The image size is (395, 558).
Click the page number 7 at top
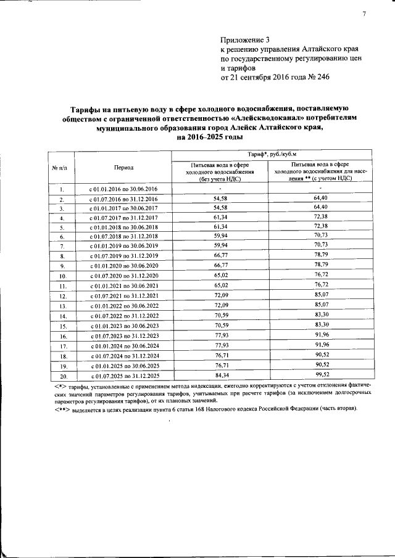pyautogui.click(x=365, y=14)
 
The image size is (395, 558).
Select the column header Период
pyautogui.click(x=123, y=167)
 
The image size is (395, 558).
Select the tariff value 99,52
pyautogui.click(x=319, y=375)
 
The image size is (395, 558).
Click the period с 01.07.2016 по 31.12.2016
pyautogui.click(x=123, y=199)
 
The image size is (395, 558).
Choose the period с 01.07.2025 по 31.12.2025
pyautogui.click(x=123, y=375)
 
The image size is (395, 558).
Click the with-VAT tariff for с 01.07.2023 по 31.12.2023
pyautogui.click(x=319, y=335)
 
